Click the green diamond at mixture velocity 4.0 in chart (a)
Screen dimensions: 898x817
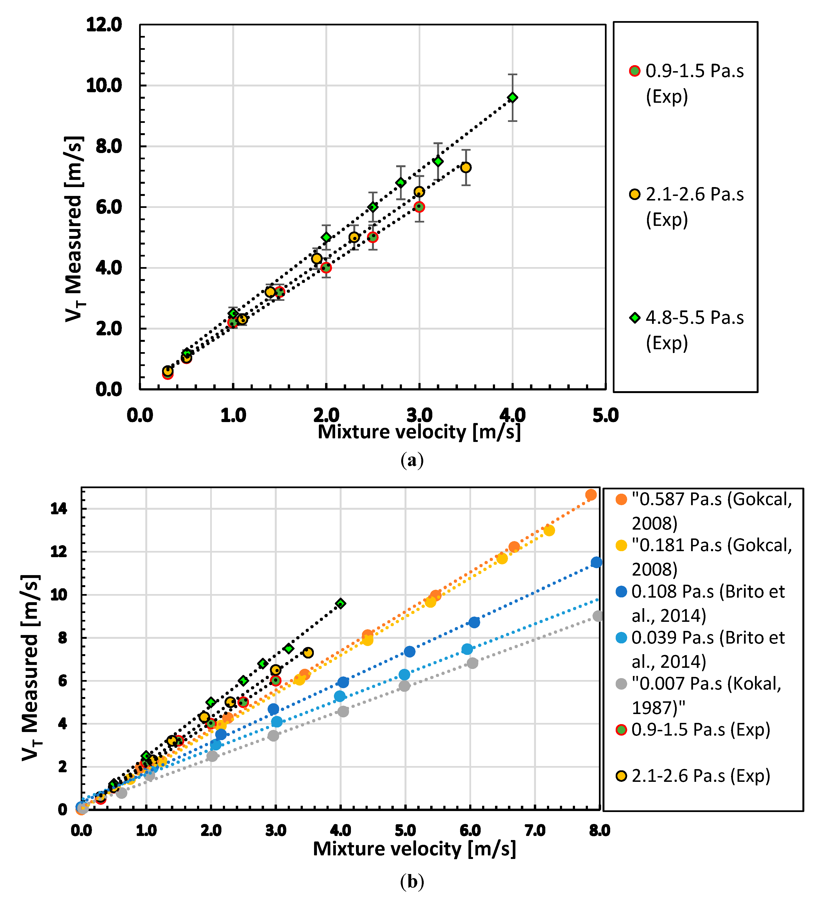513,97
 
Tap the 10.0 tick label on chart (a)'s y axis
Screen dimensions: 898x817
104,86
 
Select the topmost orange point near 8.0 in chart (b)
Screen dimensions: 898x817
591,495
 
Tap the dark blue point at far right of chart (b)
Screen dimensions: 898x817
596,562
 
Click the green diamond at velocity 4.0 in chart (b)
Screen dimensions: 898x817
341,604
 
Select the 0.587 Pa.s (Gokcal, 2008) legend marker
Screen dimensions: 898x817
621,499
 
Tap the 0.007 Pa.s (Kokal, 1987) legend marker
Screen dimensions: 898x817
621,684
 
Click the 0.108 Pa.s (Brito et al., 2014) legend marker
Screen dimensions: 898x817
621,592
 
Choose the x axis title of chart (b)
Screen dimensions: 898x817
414,849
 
